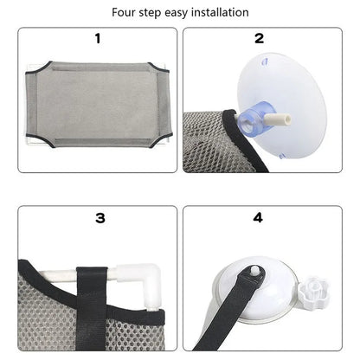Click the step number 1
(98, 38)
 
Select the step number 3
(100, 218)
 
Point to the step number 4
(259, 218)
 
